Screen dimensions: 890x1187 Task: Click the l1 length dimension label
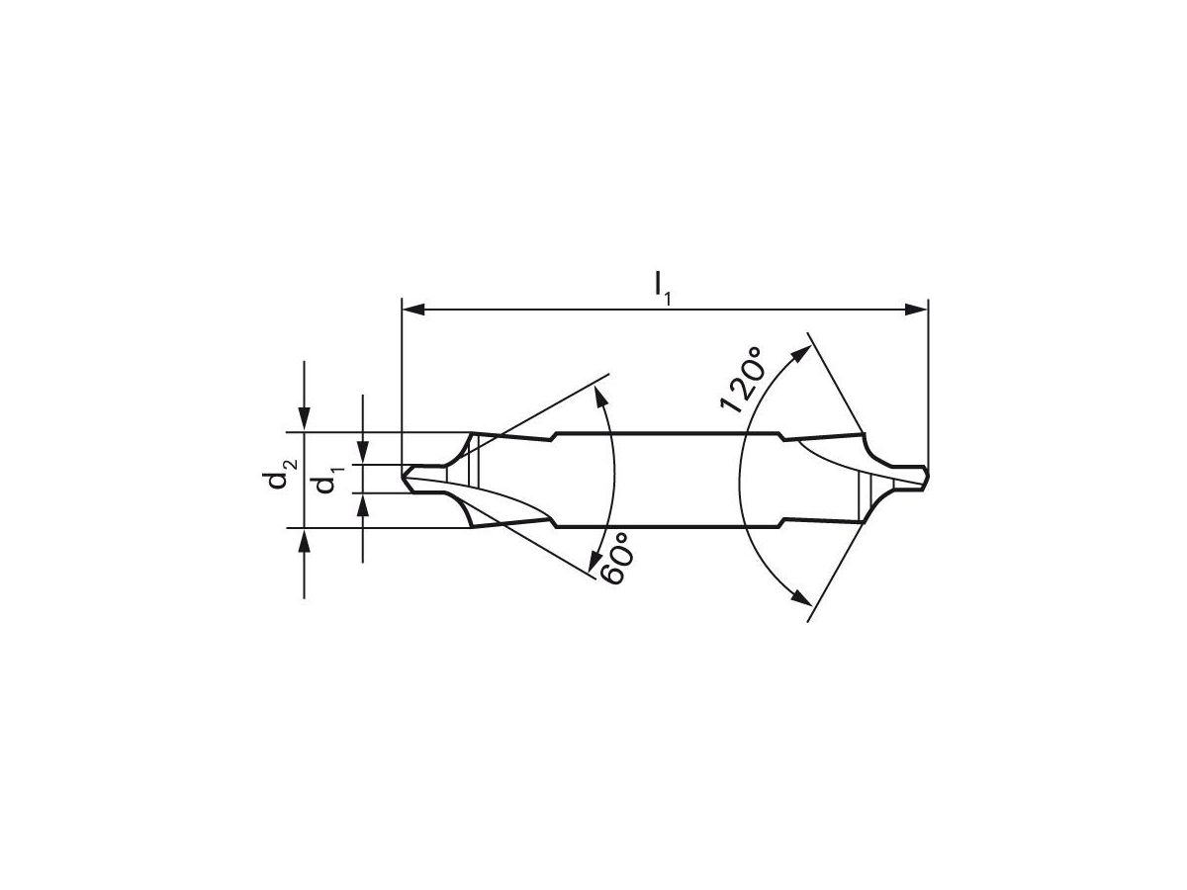tap(662, 288)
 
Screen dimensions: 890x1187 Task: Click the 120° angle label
tap(743, 379)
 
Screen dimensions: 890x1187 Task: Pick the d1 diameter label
tap(321, 485)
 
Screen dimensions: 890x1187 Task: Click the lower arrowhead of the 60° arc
tap(597, 562)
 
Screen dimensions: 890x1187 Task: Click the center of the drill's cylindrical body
tap(668, 480)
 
